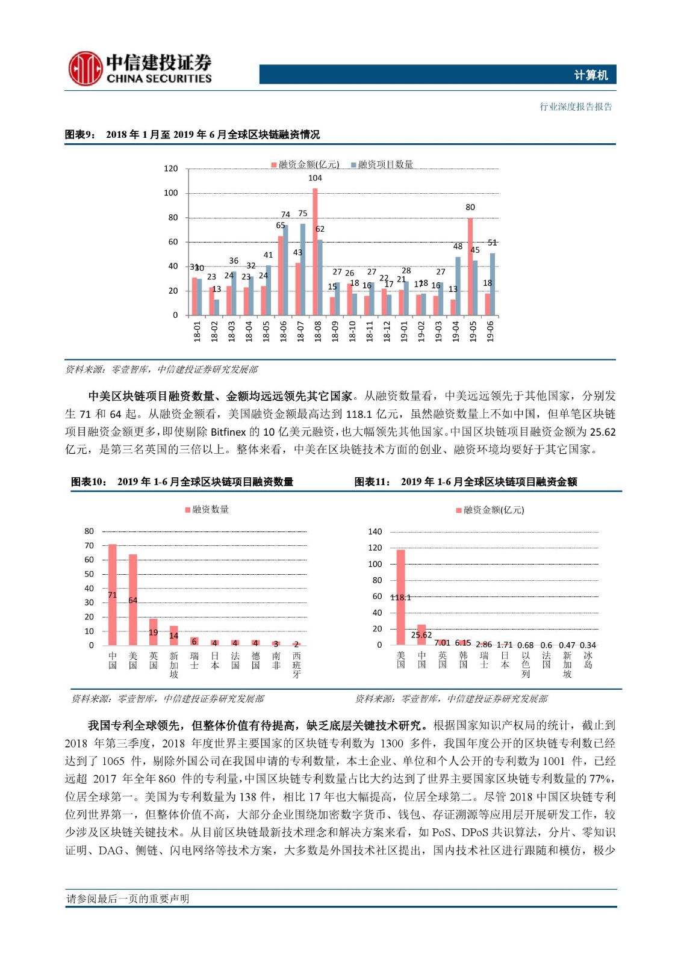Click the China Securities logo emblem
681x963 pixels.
tap(85, 69)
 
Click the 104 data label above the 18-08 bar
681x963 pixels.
tap(315, 178)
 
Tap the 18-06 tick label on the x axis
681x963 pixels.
tap(284, 332)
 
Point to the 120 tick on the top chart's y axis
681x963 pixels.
tap(171, 169)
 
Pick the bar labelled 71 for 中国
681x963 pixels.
tap(113, 595)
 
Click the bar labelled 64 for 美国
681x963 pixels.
tap(133, 599)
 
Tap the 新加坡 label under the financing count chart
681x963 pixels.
tap(174, 664)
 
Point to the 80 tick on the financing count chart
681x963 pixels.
tap(89, 531)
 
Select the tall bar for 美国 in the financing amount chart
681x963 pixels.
tap(401, 597)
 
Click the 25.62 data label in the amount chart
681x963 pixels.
tap(421, 635)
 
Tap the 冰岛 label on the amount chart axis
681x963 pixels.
tap(588, 660)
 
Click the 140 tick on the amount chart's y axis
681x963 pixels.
tap(375, 531)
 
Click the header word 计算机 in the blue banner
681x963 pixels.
tap(591, 75)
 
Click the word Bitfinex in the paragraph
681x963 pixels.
tap(228, 432)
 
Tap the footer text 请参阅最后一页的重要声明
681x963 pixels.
tap(128, 899)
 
